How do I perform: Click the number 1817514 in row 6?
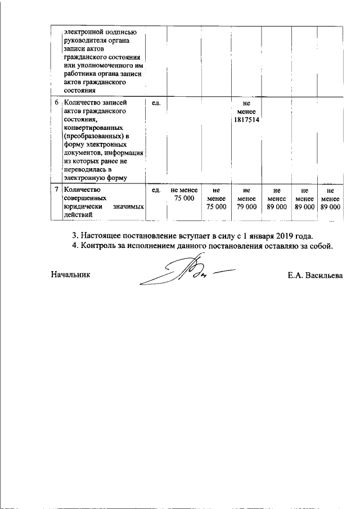pyautogui.click(x=246, y=120)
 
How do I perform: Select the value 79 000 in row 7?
pyautogui.click(x=246, y=207)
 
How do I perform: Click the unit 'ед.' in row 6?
pyautogui.click(x=157, y=103)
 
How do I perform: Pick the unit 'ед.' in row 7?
pyautogui.click(x=157, y=191)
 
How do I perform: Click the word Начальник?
pyautogui.click(x=70, y=275)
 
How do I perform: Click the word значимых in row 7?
pyautogui.click(x=129, y=208)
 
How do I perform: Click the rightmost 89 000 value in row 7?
pyautogui.click(x=330, y=207)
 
